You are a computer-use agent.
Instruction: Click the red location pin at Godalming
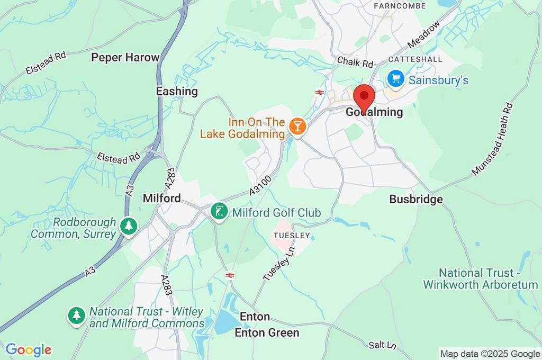(364, 97)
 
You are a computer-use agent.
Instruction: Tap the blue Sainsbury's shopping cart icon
(395, 79)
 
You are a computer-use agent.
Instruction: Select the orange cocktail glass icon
(297, 127)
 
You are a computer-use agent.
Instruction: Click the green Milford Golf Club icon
(218, 212)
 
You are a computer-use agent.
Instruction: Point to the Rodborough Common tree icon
(128, 226)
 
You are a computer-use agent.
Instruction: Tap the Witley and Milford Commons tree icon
(77, 317)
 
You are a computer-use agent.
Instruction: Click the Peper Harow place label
(125, 57)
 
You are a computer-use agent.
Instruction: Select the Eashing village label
(177, 91)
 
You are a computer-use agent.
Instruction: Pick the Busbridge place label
(416, 199)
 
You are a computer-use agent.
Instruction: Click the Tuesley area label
(291, 235)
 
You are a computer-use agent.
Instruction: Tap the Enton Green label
(267, 332)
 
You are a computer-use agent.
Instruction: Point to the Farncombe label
(400, 6)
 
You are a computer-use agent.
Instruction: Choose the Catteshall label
(415, 59)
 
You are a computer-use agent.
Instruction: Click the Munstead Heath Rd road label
(493, 139)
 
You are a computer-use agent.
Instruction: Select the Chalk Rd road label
(355, 62)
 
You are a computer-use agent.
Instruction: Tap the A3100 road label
(261, 187)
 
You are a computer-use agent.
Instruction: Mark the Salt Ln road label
(383, 345)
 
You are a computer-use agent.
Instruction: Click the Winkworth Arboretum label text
(480, 279)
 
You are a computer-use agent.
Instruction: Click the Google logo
(28, 349)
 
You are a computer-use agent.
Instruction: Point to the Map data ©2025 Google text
(490, 354)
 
